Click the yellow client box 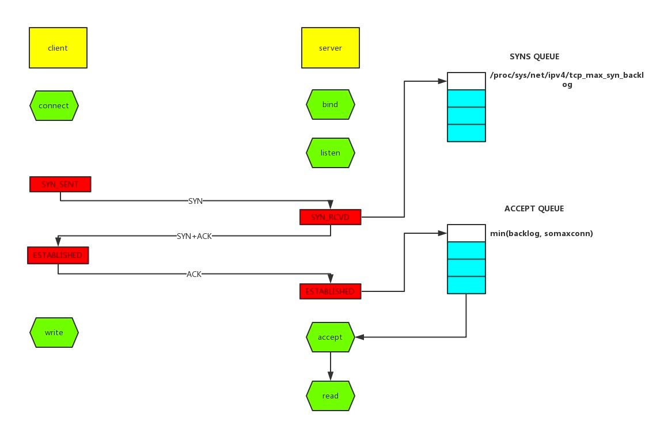[x=58, y=48]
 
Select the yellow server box [x=331, y=48]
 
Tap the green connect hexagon [x=54, y=105]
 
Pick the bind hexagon [x=331, y=104]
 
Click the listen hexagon [x=331, y=153]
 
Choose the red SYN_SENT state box [x=60, y=184]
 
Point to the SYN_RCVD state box [x=331, y=217]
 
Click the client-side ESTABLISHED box [x=58, y=255]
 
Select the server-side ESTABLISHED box [x=331, y=291]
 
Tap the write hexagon [x=54, y=332]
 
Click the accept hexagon [x=331, y=337]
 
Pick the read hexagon [x=331, y=396]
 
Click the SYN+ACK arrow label [x=195, y=236]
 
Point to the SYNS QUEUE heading [x=534, y=57]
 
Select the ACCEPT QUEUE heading [x=534, y=208]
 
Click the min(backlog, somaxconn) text [x=541, y=233]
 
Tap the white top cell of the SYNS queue [x=466, y=81]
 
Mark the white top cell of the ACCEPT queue [x=466, y=233]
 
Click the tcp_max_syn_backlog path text [x=567, y=79]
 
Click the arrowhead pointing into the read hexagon [x=331, y=376]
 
